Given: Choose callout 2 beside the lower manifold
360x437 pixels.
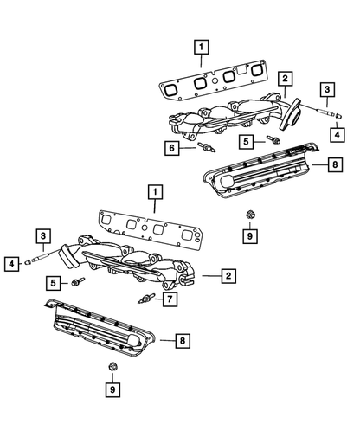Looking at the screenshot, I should (x=228, y=276).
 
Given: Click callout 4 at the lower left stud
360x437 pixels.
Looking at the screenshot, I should (x=14, y=262).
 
